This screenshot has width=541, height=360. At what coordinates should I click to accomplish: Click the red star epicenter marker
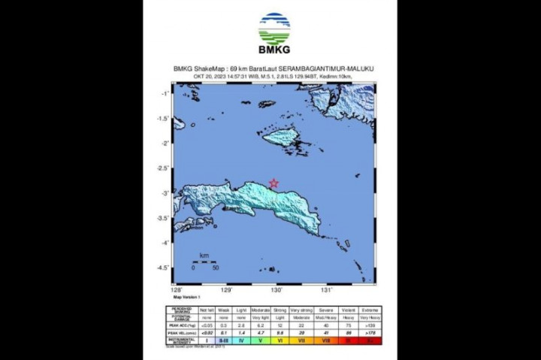(274, 183)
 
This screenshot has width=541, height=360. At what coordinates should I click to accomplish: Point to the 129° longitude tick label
(226, 289)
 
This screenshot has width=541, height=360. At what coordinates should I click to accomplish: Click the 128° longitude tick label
(177, 289)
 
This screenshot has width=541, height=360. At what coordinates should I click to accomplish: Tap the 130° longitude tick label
(277, 289)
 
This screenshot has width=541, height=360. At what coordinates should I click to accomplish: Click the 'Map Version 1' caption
(186, 297)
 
